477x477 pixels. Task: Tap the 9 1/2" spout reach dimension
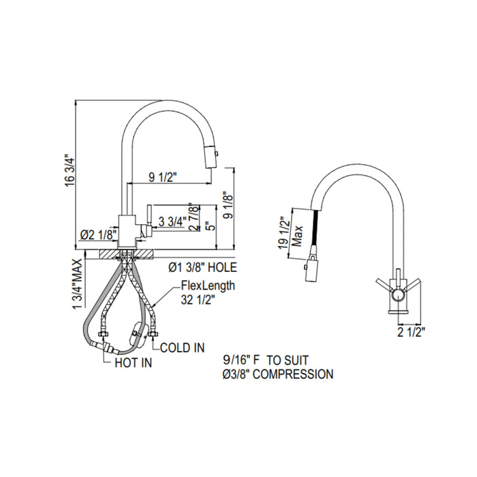163,178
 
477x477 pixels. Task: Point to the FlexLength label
208,286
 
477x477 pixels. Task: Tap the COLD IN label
182,348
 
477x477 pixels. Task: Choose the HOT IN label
133,363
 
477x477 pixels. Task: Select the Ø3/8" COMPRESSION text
278,374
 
